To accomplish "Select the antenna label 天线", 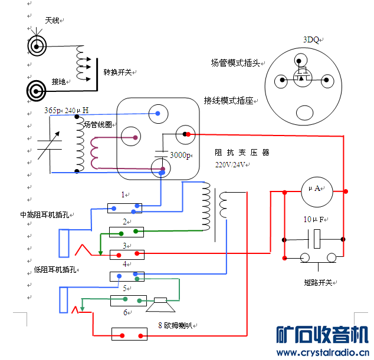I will [x=53, y=21].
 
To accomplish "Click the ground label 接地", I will [x=58, y=81].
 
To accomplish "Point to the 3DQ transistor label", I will [x=311, y=40].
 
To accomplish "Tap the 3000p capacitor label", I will [x=180, y=156].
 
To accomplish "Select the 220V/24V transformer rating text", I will [x=231, y=165].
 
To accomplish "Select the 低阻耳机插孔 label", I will [x=55, y=270].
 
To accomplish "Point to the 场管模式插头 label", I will [x=235, y=63].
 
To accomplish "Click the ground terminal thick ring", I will [x=38, y=90].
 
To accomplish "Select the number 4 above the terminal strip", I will [x=124, y=264].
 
